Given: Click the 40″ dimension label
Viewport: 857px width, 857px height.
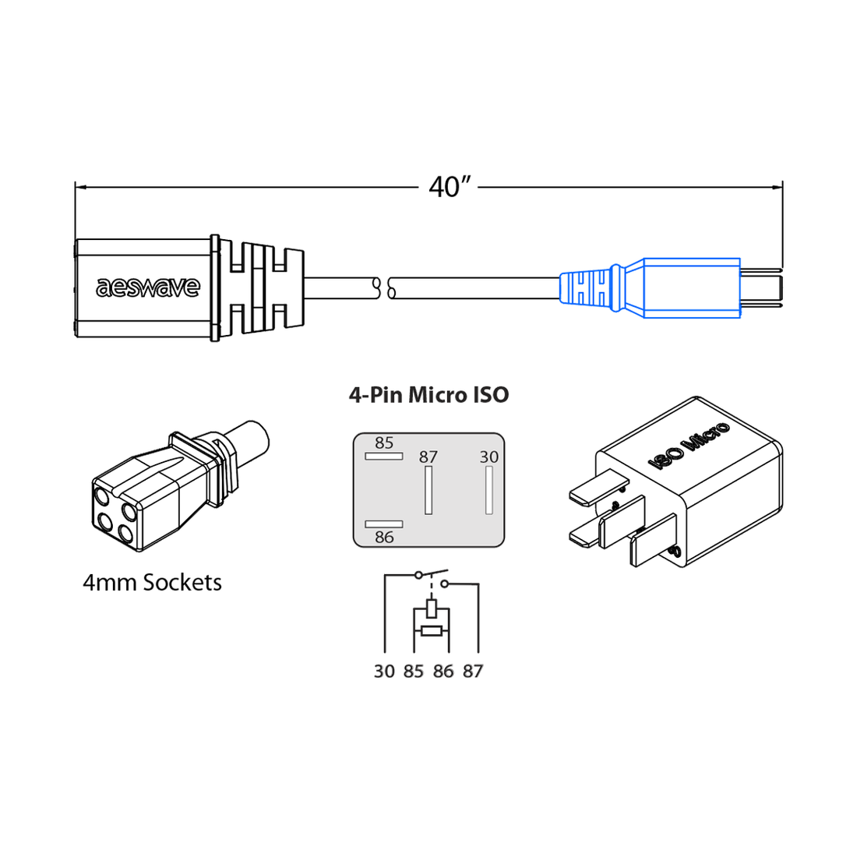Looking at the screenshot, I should [450, 187].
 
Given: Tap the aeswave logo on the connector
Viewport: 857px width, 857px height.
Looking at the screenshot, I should [148, 287].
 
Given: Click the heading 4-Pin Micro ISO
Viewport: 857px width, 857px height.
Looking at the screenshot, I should [428, 395].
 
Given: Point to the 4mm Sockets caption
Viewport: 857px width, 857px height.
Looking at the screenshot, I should [152, 583].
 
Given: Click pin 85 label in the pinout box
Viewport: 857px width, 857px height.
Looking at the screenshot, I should [384, 443].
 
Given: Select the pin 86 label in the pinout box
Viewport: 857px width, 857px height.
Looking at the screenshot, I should [384, 538].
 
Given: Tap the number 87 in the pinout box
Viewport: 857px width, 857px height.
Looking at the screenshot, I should [428, 457].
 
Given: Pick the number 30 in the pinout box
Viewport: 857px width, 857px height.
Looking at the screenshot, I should [488, 457].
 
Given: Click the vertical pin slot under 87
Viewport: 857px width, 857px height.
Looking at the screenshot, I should [428, 491].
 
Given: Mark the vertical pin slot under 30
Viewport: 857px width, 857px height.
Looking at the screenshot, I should [489, 491].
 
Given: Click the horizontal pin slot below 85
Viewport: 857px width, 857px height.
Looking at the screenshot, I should [384, 456].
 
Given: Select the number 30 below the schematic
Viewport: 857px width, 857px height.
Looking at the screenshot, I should [384, 672].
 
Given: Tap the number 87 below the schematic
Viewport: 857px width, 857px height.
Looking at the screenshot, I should [473, 672].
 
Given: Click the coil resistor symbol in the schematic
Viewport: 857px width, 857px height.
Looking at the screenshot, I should [432, 630].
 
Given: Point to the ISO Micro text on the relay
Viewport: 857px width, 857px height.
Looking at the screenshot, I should [689, 446].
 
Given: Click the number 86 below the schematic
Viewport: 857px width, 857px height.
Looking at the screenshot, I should [443, 672].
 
